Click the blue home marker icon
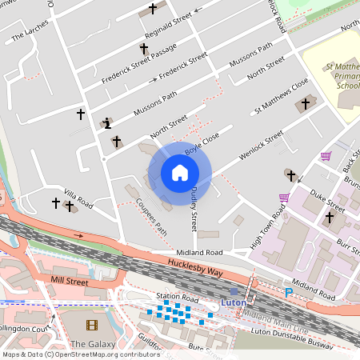coord(180,173)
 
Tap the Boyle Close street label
coord(202,144)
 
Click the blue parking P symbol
coord(289,293)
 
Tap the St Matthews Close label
coord(281,94)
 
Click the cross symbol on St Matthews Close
coord(304,104)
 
